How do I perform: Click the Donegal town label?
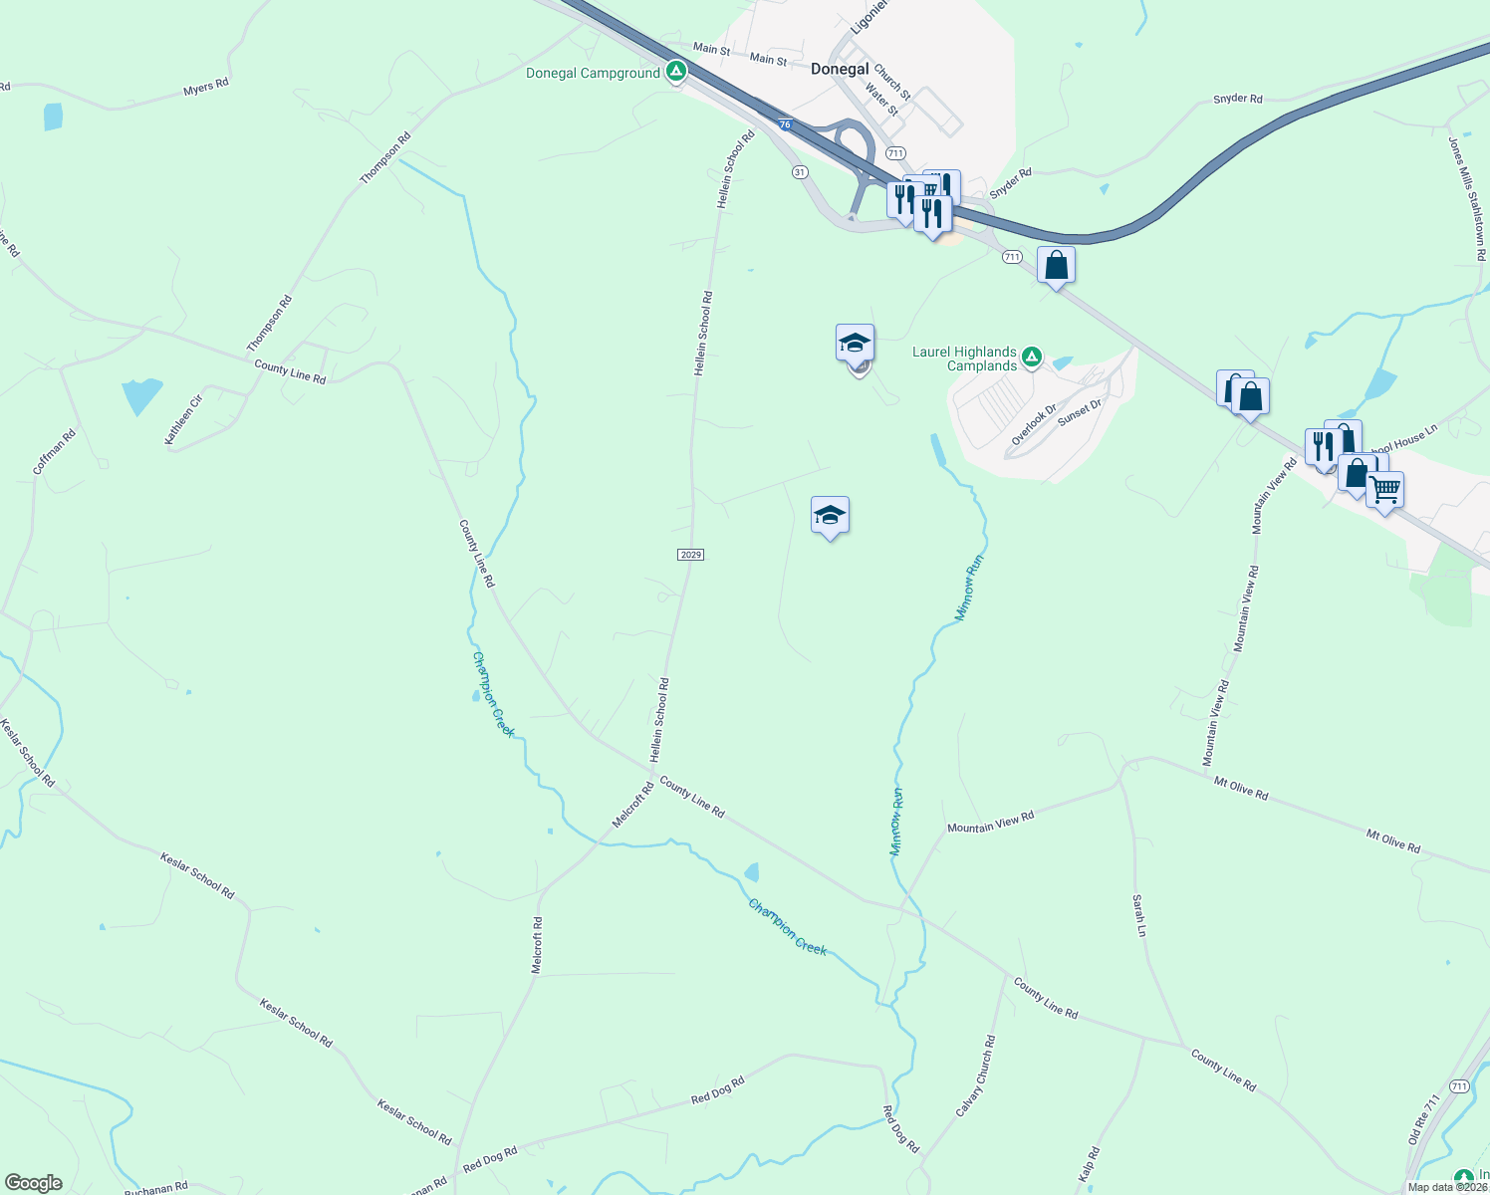point(840,69)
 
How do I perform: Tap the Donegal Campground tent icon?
point(676,72)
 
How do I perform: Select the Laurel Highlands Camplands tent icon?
point(1032,356)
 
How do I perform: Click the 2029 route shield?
point(690,554)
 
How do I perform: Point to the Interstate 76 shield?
point(786,124)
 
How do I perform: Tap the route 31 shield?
point(800,172)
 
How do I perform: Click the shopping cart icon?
point(1384,489)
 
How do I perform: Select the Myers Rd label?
point(206,88)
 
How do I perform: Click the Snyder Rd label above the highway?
point(1237,99)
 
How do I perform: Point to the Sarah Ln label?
point(1139,915)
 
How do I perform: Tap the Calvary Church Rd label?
point(975,1075)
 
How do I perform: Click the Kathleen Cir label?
point(183,419)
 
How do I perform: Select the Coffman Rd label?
point(54,451)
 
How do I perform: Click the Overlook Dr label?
point(1034,424)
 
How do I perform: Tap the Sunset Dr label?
point(1080,412)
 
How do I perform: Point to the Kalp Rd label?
point(1089,1164)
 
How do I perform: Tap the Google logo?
point(34,1183)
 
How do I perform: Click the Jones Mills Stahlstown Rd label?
point(1467,198)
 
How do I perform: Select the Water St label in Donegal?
point(881,100)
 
